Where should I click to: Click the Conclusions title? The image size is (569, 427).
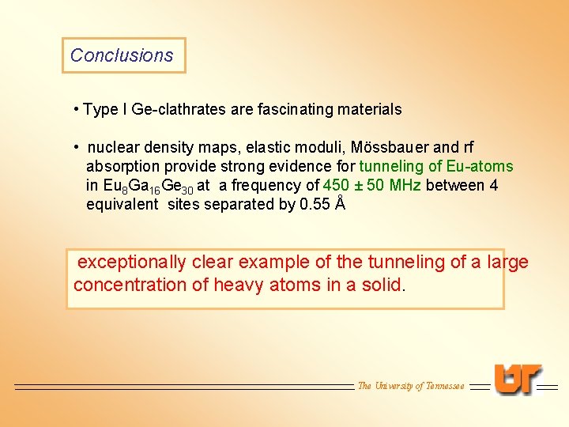click(122, 55)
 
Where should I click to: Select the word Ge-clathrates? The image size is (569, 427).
click(179, 110)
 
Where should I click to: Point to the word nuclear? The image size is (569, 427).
click(114, 148)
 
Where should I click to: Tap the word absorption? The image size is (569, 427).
click(122, 167)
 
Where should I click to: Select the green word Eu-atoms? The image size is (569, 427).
click(480, 167)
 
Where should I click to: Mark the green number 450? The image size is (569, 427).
click(337, 186)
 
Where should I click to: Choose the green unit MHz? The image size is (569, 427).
click(404, 186)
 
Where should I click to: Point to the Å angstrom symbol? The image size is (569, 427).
click(340, 204)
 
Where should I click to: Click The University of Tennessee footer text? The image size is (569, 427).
click(411, 386)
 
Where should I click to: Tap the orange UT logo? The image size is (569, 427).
click(518, 380)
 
